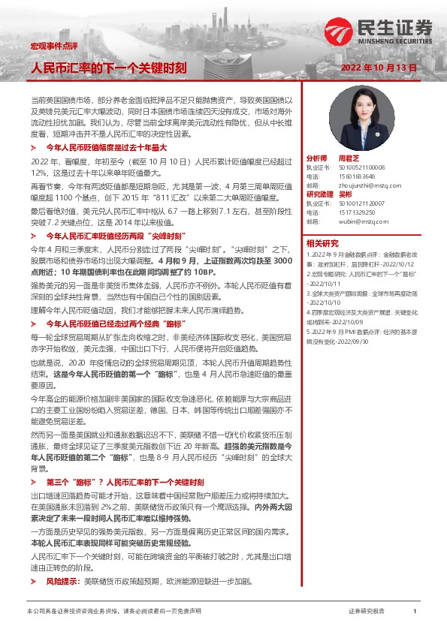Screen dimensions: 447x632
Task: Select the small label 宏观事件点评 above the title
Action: click(48, 47)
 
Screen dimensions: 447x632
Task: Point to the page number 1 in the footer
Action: click(415, 612)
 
